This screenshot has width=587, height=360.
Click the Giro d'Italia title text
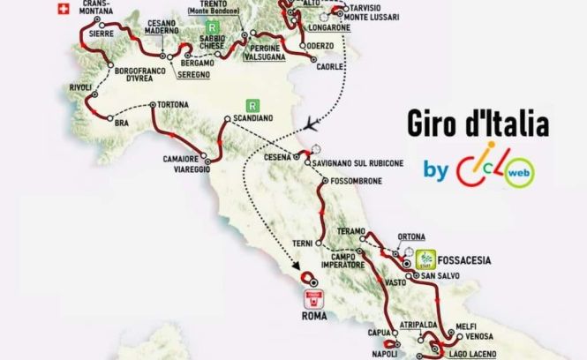[x=478, y=124]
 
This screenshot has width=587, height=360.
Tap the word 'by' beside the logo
[x=436, y=168]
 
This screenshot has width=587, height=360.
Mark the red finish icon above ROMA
[x=312, y=299]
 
